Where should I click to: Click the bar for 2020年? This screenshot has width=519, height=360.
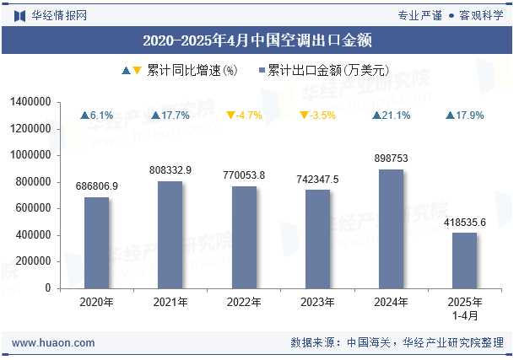(96, 243)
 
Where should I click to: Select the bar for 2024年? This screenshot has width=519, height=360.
(391, 228)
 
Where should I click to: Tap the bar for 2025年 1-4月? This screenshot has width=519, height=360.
(464, 261)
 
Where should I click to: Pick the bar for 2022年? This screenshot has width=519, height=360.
(244, 237)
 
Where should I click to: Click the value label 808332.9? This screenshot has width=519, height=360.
(170, 170)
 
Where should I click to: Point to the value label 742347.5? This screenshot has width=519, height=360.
(317, 180)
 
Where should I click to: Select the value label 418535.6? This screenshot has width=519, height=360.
(464, 223)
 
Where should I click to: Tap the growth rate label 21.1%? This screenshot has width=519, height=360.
(396, 116)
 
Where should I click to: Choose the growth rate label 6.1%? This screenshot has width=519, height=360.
(101, 116)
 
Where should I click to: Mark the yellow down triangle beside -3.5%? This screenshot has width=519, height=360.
(304, 116)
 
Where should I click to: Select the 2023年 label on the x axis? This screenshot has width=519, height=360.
(317, 302)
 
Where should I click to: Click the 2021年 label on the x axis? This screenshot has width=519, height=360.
(170, 302)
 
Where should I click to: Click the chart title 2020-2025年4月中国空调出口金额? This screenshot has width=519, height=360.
(258, 40)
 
